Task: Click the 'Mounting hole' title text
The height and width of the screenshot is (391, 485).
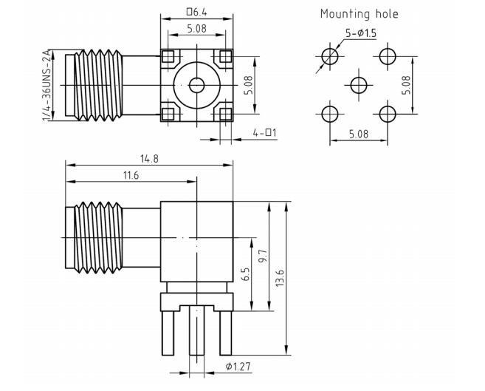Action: [359, 13]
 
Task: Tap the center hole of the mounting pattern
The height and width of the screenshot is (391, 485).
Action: [358, 85]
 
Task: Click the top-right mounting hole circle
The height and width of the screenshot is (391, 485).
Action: [386, 56]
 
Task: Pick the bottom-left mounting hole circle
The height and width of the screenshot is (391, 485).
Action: [329, 113]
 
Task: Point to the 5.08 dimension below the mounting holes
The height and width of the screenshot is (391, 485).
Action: [358, 134]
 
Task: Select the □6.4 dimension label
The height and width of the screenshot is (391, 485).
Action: [197, 12]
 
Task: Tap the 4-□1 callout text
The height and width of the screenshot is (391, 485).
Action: [264, 133]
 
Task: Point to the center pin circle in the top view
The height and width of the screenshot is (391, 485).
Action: [196, 85]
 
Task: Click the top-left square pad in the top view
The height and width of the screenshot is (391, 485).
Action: [168, 57]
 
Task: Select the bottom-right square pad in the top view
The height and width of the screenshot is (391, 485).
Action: [224, 113]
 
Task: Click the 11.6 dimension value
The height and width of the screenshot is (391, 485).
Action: [131, 174]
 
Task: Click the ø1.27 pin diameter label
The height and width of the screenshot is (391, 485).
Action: [239, 367]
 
